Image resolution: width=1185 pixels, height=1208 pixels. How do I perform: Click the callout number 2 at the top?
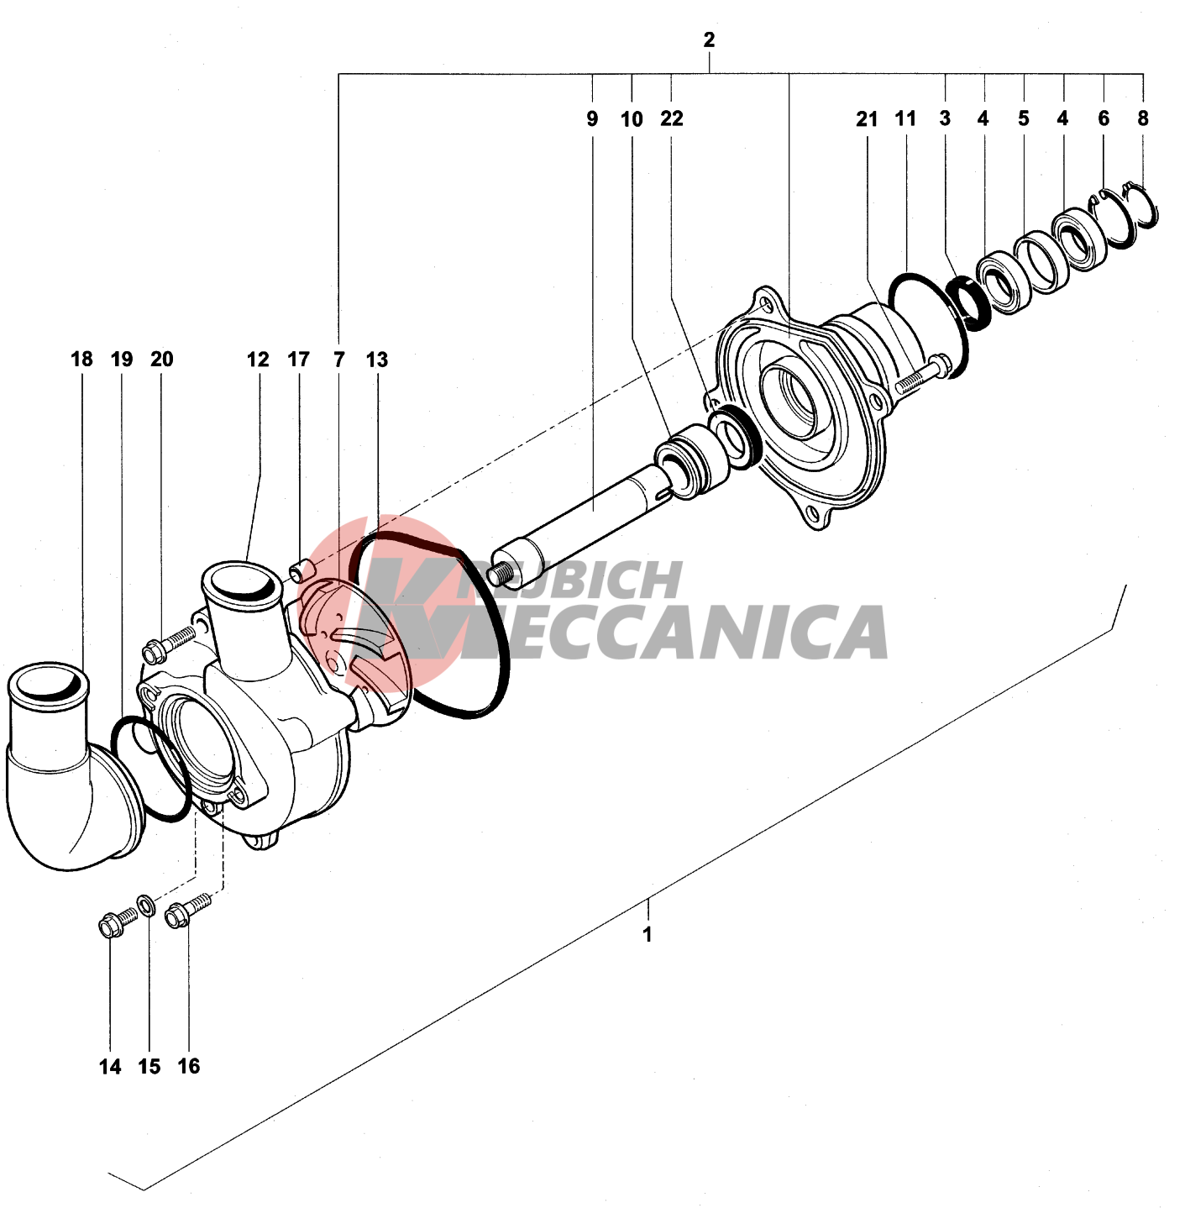(x=709, y=39)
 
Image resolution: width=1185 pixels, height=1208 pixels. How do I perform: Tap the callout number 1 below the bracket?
(x=647, y=934)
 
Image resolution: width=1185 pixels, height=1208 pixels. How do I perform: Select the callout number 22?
(x=671, y=118)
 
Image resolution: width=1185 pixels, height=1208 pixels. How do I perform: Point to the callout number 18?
(x=81, y=359)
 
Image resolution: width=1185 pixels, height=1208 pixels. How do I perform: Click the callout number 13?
(x=376, y=360)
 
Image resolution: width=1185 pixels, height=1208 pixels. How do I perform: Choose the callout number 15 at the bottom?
(x=149, y=1066)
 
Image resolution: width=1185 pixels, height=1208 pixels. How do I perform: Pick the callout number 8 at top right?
(x=1142, y=118)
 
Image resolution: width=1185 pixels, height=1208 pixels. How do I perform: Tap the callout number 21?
(x=867, y=119)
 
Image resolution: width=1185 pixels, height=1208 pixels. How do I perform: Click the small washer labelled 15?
(x=146, y=906)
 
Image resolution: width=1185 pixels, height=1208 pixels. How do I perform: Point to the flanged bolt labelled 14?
(x=116, y=922)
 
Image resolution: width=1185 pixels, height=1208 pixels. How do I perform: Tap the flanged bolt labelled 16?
(x=185, y=911)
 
